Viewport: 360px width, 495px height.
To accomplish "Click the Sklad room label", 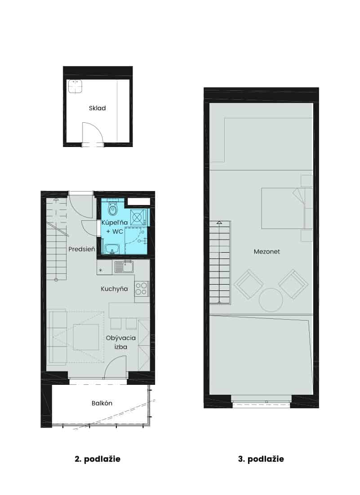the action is (97, 108).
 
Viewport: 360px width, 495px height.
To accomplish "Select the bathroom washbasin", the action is (112, 249).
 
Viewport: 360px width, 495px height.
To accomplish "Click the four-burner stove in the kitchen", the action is (142, 289).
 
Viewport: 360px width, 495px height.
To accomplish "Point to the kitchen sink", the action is (124, 267).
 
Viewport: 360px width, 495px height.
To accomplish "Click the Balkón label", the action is (102, 403).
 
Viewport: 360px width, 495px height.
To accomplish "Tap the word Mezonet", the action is (267, 252).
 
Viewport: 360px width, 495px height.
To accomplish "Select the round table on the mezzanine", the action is (271, 300).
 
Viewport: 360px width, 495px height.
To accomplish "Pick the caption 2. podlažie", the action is (98, 459).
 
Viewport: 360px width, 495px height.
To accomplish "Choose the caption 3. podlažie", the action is (261, 459).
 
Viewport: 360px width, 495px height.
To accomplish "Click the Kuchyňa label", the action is (114, 289).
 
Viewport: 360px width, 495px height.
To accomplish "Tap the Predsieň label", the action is (82, 249).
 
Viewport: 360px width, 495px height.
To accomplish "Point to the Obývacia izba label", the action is (120, 342).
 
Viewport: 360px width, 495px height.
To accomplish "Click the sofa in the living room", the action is (57, 337).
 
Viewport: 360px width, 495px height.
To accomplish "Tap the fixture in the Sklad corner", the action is (75, 86).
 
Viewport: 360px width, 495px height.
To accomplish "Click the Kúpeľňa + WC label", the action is (114, 227).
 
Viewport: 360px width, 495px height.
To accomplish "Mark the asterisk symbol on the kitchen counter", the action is (101, 271).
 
